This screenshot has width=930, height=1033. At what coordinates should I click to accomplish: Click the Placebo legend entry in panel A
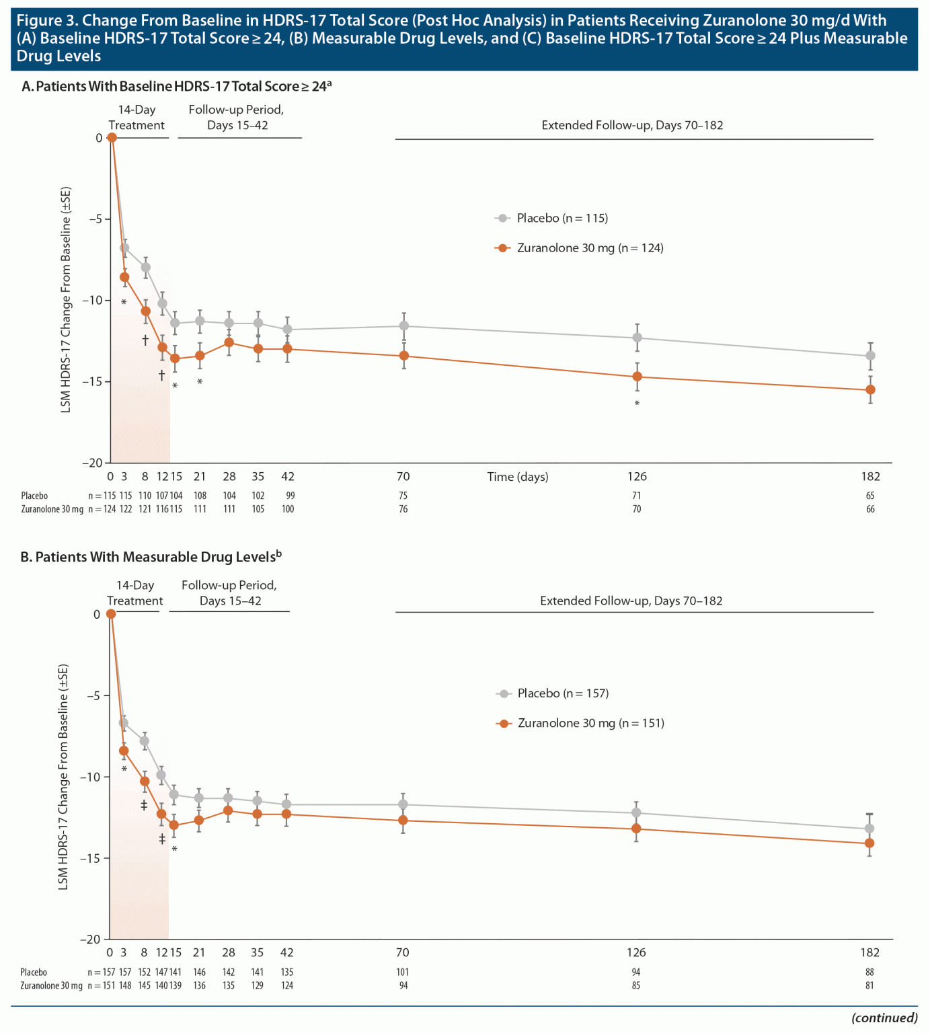pyautogui.click(x=561, y=218)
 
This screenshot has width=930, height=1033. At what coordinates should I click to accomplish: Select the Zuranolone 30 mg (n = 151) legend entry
pyautogui.click(x=590, y=723)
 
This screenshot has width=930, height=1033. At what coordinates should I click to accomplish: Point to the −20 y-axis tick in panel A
pyautogui.click(x=92, y=463)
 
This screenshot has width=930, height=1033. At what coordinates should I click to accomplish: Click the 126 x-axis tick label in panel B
pyautogui.click(x=636, y=952)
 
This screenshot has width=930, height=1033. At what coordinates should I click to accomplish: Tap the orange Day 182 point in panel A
pyautogui.click(x=870, y=390)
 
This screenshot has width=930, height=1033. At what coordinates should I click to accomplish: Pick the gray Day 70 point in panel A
pyautogui.click(x=403, y=326)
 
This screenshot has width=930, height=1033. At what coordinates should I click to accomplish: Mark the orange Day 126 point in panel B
pyautogui.click(x=636, y=829)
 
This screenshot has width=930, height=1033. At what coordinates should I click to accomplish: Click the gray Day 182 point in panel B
pyautogui.click(x=869, y=829)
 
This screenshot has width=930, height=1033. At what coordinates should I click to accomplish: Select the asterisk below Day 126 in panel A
pyautogui.click(x=637, y=404)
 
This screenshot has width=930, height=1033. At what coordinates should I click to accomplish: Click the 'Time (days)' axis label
pyautogui.click(x=518, y=477)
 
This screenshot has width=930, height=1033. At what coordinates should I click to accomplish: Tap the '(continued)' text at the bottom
pyautogui.click(x=884, y=1018)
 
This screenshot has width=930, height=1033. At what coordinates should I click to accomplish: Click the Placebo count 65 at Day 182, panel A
pyautogui.click(x=870, y=496)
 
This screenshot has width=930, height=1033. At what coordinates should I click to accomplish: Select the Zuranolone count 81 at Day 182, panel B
pyautogui.click(x=869, y=985)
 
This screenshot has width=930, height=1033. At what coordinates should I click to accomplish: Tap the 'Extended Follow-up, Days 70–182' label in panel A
pyautogui.click(x=632, y=125)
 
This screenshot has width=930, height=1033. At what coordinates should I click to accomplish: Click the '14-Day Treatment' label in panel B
pyautogui.click(x=135, y=593)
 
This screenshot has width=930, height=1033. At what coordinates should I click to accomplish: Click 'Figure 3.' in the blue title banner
pyautogui.click(x=47, y=21)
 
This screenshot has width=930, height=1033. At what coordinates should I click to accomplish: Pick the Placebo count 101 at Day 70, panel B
pyautogui.click(x=403, y=972)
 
